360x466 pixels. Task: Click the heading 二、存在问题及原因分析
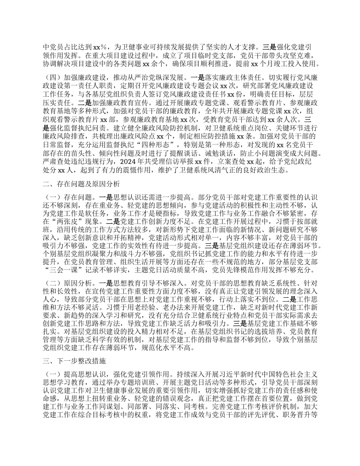(x=82, y=184)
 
